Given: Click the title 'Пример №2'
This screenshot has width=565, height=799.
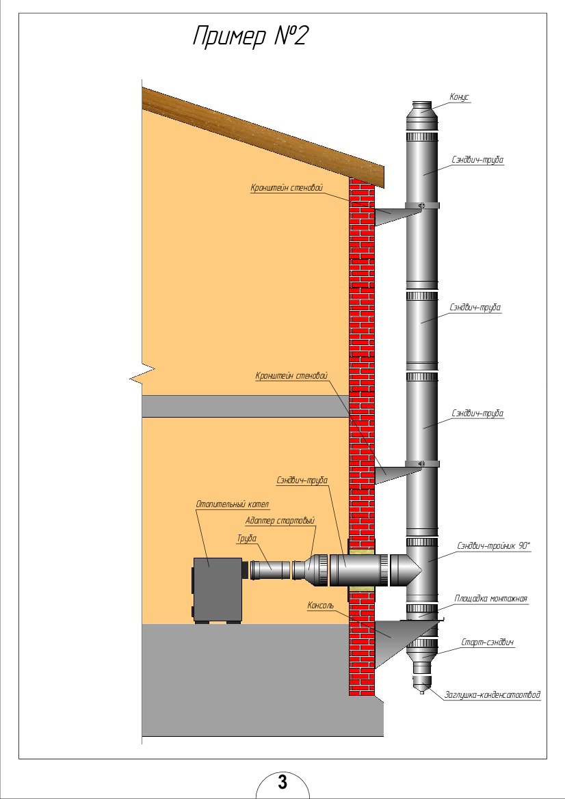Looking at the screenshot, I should pyautogui.click(x=249, y=36).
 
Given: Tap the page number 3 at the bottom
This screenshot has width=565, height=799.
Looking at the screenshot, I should pyautogui.click(x=282, y=782).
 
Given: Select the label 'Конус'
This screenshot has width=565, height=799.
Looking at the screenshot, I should pyautogui.click(x=460, y=97).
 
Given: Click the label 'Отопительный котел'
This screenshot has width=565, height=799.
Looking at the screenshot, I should pyautogui.click(x=233, y=504).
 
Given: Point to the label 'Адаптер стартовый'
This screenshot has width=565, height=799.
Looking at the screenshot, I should pyautogui.click(x=280, y=521).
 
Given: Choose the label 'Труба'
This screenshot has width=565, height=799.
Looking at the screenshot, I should pyautogui.click(x=247, y=538).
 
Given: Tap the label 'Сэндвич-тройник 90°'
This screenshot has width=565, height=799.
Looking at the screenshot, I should pyautogui.click(x=494, y=545).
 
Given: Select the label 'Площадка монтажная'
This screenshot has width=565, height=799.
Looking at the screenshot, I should pyautogui.click(x=491, y=599).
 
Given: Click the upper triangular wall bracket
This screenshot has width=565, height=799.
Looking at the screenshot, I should pyautogui.click(x=393, y=215).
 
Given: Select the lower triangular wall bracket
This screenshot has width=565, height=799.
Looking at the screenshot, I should pyautogui.click(x=393, y=472).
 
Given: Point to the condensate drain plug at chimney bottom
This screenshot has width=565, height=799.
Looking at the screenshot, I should pyautogui.click(x=421, y=683).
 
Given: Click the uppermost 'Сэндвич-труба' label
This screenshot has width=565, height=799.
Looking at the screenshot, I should pyautogui.click(x=478, y=160).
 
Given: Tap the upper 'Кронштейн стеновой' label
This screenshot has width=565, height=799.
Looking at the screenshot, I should pyautogui.click(x=286, y=187).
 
